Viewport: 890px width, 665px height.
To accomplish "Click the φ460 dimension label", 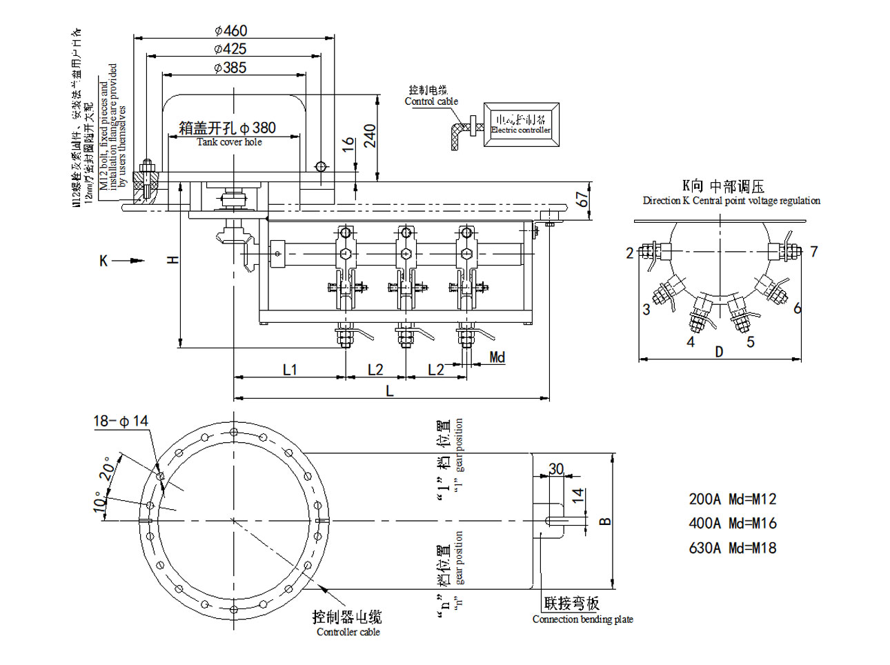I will click(x=230, y=31).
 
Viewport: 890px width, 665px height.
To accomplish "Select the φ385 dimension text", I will click(x=230, y=68).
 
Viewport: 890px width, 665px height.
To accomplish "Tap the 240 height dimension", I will click(x=370, y=136).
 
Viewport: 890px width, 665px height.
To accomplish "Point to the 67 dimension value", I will click(x=583, y=199).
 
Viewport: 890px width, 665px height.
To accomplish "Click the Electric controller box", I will click(x=520, y=124).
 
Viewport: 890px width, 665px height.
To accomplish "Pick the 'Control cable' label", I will click(x=431, y=101).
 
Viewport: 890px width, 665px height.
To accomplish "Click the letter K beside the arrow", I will click(x=103, y=261).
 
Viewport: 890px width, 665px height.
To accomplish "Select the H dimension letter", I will click(x=173, y=259).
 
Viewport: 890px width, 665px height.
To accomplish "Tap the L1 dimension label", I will click(x=290, y=370).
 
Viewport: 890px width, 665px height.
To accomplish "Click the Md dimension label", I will click(x=497, y=357).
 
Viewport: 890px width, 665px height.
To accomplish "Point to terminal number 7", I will click(x=814, y=251).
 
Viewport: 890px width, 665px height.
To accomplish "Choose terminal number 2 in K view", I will click(x=629, y=253).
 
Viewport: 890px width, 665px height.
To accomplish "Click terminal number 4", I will click(x=691, y=341).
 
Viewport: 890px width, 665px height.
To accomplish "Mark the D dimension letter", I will click(x=719, y=352).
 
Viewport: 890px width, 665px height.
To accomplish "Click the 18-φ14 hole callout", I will click(x=121, y=421).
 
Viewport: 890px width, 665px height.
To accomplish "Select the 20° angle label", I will click(x=108, y=469).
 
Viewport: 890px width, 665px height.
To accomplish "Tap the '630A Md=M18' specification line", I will click(x=732, y=548).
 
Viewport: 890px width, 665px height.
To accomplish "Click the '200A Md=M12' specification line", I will click(x=732, y=499).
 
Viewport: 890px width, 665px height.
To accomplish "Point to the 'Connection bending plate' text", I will click(x=582, y=619).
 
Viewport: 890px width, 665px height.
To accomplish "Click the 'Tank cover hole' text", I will click(x=229, y=142).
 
